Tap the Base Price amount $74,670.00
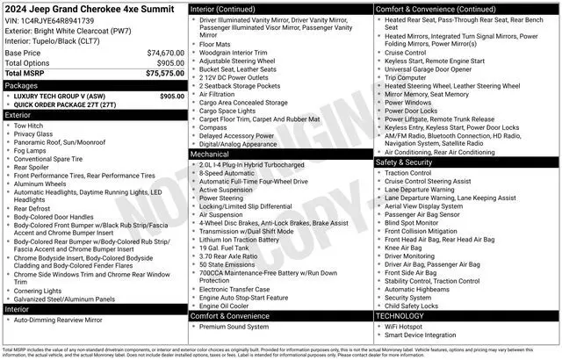(165, 53)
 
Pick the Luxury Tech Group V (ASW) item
(61, 96)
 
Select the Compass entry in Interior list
(213, 126)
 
